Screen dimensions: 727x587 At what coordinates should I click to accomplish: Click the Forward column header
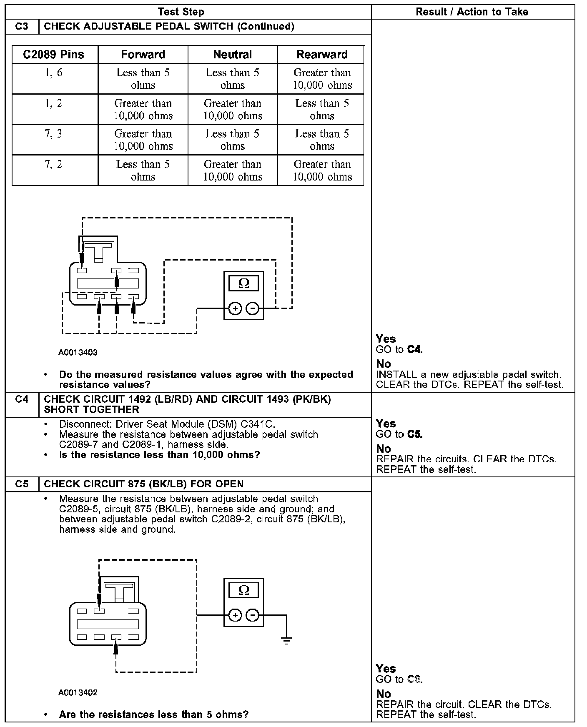[x=143, y=55]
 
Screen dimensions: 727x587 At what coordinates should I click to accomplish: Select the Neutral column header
[x=233, y=55]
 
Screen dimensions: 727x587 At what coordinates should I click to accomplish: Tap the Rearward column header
[x=322, y=55]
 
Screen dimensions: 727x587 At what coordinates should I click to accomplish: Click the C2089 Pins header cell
[x=54, y=55]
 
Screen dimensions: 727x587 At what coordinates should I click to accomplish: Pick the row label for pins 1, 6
[x=54, y=73]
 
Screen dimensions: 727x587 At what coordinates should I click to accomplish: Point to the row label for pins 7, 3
[x=54, y=134]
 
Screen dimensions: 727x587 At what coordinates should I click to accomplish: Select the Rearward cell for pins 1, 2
[x=322, y=109]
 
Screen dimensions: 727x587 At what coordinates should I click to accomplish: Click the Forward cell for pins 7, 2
[x=143, y=170]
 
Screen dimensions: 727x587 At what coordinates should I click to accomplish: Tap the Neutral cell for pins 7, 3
[x=233, y=140]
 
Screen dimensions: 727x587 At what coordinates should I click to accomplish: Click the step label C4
[x=22, y=399]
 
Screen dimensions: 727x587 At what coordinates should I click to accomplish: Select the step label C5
[x=22, y=484]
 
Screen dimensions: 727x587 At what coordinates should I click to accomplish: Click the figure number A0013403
[x=78, y=352]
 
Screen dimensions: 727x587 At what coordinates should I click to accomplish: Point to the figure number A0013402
[x=78, y=693]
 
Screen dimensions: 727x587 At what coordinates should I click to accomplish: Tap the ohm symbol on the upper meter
[x=244, y=283]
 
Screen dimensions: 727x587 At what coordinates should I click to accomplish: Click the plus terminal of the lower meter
[x=235, y=615]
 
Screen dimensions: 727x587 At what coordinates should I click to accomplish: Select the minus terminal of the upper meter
[x=253, y=308]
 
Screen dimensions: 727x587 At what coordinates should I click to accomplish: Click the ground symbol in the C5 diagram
[x=286, y=640]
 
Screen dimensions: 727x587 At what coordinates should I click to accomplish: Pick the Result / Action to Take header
[x=472, y=12]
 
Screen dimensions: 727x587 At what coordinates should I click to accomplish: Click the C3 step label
[x=22, y=26]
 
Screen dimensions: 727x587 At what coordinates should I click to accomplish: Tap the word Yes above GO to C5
[x=386, y=424]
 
